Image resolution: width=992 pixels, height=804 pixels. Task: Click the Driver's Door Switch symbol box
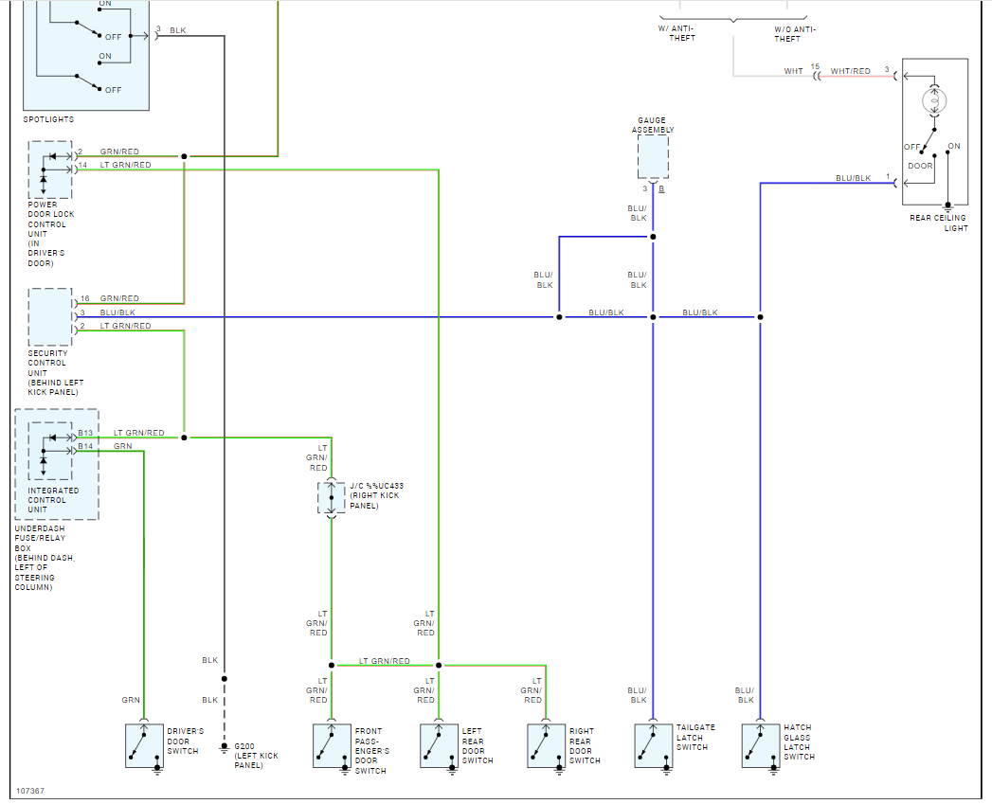point(143,745)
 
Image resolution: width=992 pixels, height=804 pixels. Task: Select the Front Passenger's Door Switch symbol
point(332,745)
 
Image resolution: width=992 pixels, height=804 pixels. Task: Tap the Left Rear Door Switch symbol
point(439,745)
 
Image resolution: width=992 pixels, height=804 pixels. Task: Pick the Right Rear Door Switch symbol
point(546,745)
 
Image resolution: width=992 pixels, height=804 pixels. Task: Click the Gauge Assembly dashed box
point(653,157)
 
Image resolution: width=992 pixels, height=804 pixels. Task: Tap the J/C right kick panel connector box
point(332,498)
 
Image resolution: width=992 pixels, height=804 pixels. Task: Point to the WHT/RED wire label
point(850,71)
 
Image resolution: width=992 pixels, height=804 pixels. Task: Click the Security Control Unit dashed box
point(50,317)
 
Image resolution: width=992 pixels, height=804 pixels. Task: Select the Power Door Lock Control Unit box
point(50,170)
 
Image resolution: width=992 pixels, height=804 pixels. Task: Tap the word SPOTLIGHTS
point(48,119)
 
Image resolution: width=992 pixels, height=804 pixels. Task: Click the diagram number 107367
point(30,790)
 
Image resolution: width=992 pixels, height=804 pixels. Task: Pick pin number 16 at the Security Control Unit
point(84,298)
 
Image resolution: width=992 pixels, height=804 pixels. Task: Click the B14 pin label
point(85,445)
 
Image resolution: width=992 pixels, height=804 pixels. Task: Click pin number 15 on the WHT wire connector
point(814,66)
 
